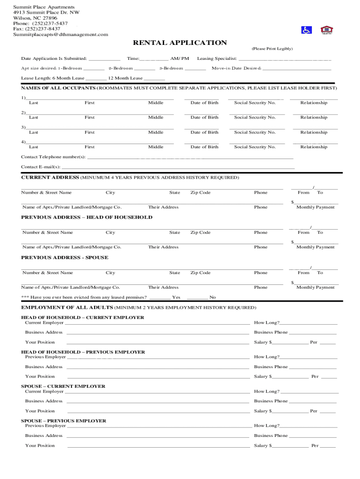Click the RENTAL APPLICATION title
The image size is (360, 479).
coord(180,43)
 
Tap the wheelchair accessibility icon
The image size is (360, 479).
coord(306,30)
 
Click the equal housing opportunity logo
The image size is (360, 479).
coord(326,30)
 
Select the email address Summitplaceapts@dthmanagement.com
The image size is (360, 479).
coord(60,35)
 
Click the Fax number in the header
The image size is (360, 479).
coord(36,29)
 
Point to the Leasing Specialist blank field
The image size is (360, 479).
coord(285,59)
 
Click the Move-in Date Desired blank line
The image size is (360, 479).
coord(297,69)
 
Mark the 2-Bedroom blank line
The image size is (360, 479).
coord(144,69)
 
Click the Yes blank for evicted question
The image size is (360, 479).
coord(160,298)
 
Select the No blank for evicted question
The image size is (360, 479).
coord(197,298)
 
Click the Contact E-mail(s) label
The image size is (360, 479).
coord(41,167)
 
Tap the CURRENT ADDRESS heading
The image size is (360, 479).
coord(50,178)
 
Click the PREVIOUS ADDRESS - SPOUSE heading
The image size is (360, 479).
coord(65,258)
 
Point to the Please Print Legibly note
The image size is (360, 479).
coord(272,49)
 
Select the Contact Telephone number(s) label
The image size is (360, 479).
coord(53,157)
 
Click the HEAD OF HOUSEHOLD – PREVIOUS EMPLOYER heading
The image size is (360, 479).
coord(83,352)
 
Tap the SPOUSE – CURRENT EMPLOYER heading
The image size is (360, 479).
coord(63,386)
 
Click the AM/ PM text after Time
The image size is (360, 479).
coord(180,59)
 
